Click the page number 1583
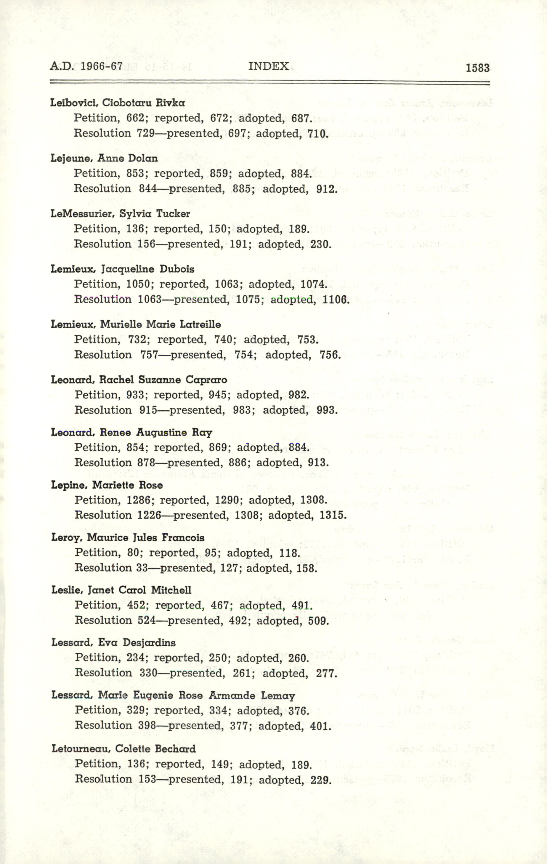(x=477, y=68)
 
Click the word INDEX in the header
(x=268, y=66)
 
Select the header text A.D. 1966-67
(x=86, y=66)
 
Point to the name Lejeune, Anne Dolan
(x=104, y=158)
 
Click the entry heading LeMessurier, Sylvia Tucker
(x=120, y=214)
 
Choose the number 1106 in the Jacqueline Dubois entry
(x=336, y=300)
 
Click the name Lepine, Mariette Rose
(x=107, y=485)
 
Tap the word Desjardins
(x=149, y=643)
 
